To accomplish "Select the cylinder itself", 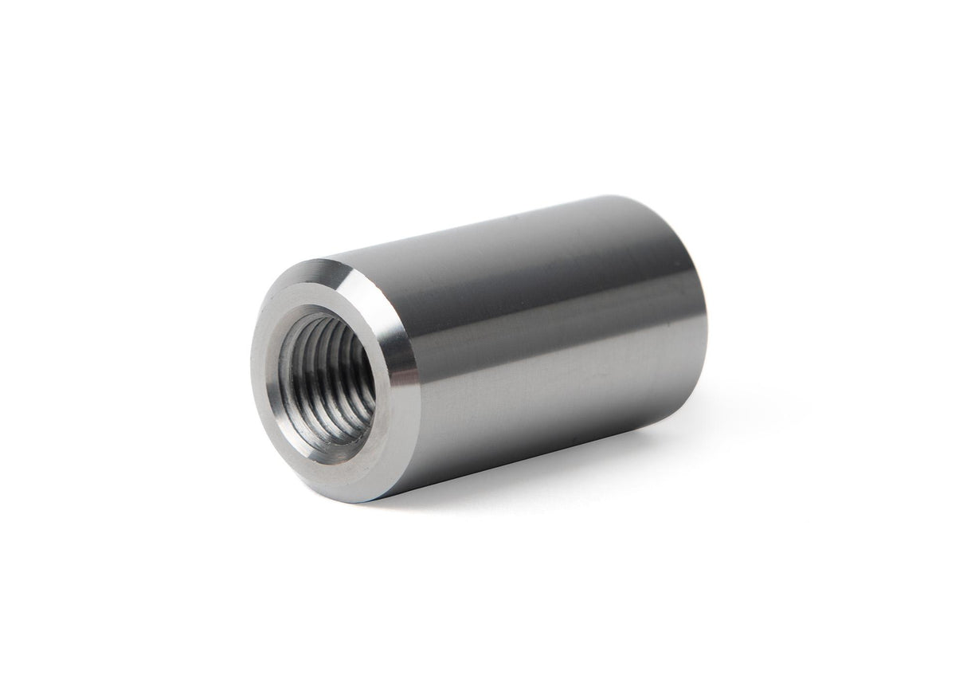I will click(x=518, y=343).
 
